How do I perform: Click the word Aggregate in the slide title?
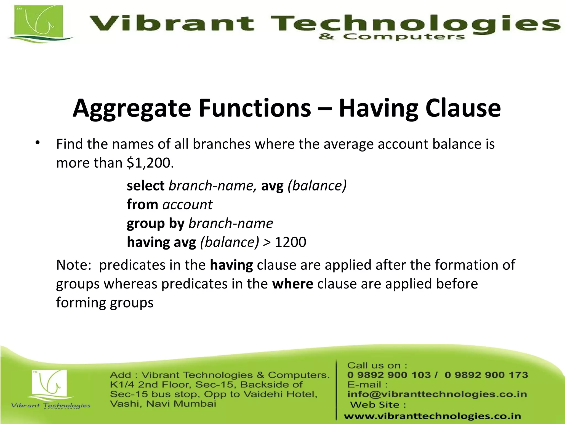(132, 108)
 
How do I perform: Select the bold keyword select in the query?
(145, 185)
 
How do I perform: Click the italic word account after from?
(187, 205)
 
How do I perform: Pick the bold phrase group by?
(155, 223)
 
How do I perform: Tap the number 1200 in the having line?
(290, 242)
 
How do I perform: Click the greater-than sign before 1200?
(267, 242)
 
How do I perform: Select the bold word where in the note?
(292, 284)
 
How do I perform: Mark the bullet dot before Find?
(38, 143)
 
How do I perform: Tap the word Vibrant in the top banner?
(171, 23)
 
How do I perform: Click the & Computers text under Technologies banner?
(391, 37)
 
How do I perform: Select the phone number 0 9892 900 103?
(389, 375)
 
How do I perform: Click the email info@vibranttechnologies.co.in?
(437, 394)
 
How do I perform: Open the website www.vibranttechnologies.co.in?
(432, 416)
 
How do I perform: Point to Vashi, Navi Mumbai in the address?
(163, 404)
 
